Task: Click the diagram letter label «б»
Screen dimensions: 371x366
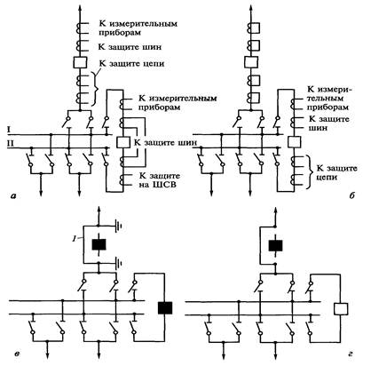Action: pyautogui.click(x=351, y=195)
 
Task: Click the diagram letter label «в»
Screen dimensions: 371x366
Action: pyautogui.click(x=17, y=354)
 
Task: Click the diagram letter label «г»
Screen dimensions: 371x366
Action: pyautogui.click(x=350, y=354)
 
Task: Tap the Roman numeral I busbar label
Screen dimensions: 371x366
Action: pyautogui.click(x=9, y=129)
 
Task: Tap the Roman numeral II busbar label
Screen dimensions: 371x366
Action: pyautogui.click(x=10, y=143)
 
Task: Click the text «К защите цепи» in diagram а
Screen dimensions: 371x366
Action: pyautogui.click(x=131, y=64)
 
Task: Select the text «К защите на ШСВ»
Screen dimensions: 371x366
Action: pyautogui.click(x=160, y=180)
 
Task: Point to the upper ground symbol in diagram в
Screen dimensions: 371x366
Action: pyautogui.click(x=118, y=227)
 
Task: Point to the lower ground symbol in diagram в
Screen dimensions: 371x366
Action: pyautogui.click(x=119, y=263)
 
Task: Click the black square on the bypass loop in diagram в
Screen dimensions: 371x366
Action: pyautogui.click(x=99, y=244)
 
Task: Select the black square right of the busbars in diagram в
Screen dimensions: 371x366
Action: pyautogui.click(x=165, y=307)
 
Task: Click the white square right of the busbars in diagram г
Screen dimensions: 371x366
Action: pyautogui.click(x=341, y=308)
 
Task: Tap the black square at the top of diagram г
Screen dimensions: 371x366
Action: pyautogui.click(x=275, y=245)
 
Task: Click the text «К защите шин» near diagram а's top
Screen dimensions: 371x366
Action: pyautogui.click(x=130, y=47)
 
